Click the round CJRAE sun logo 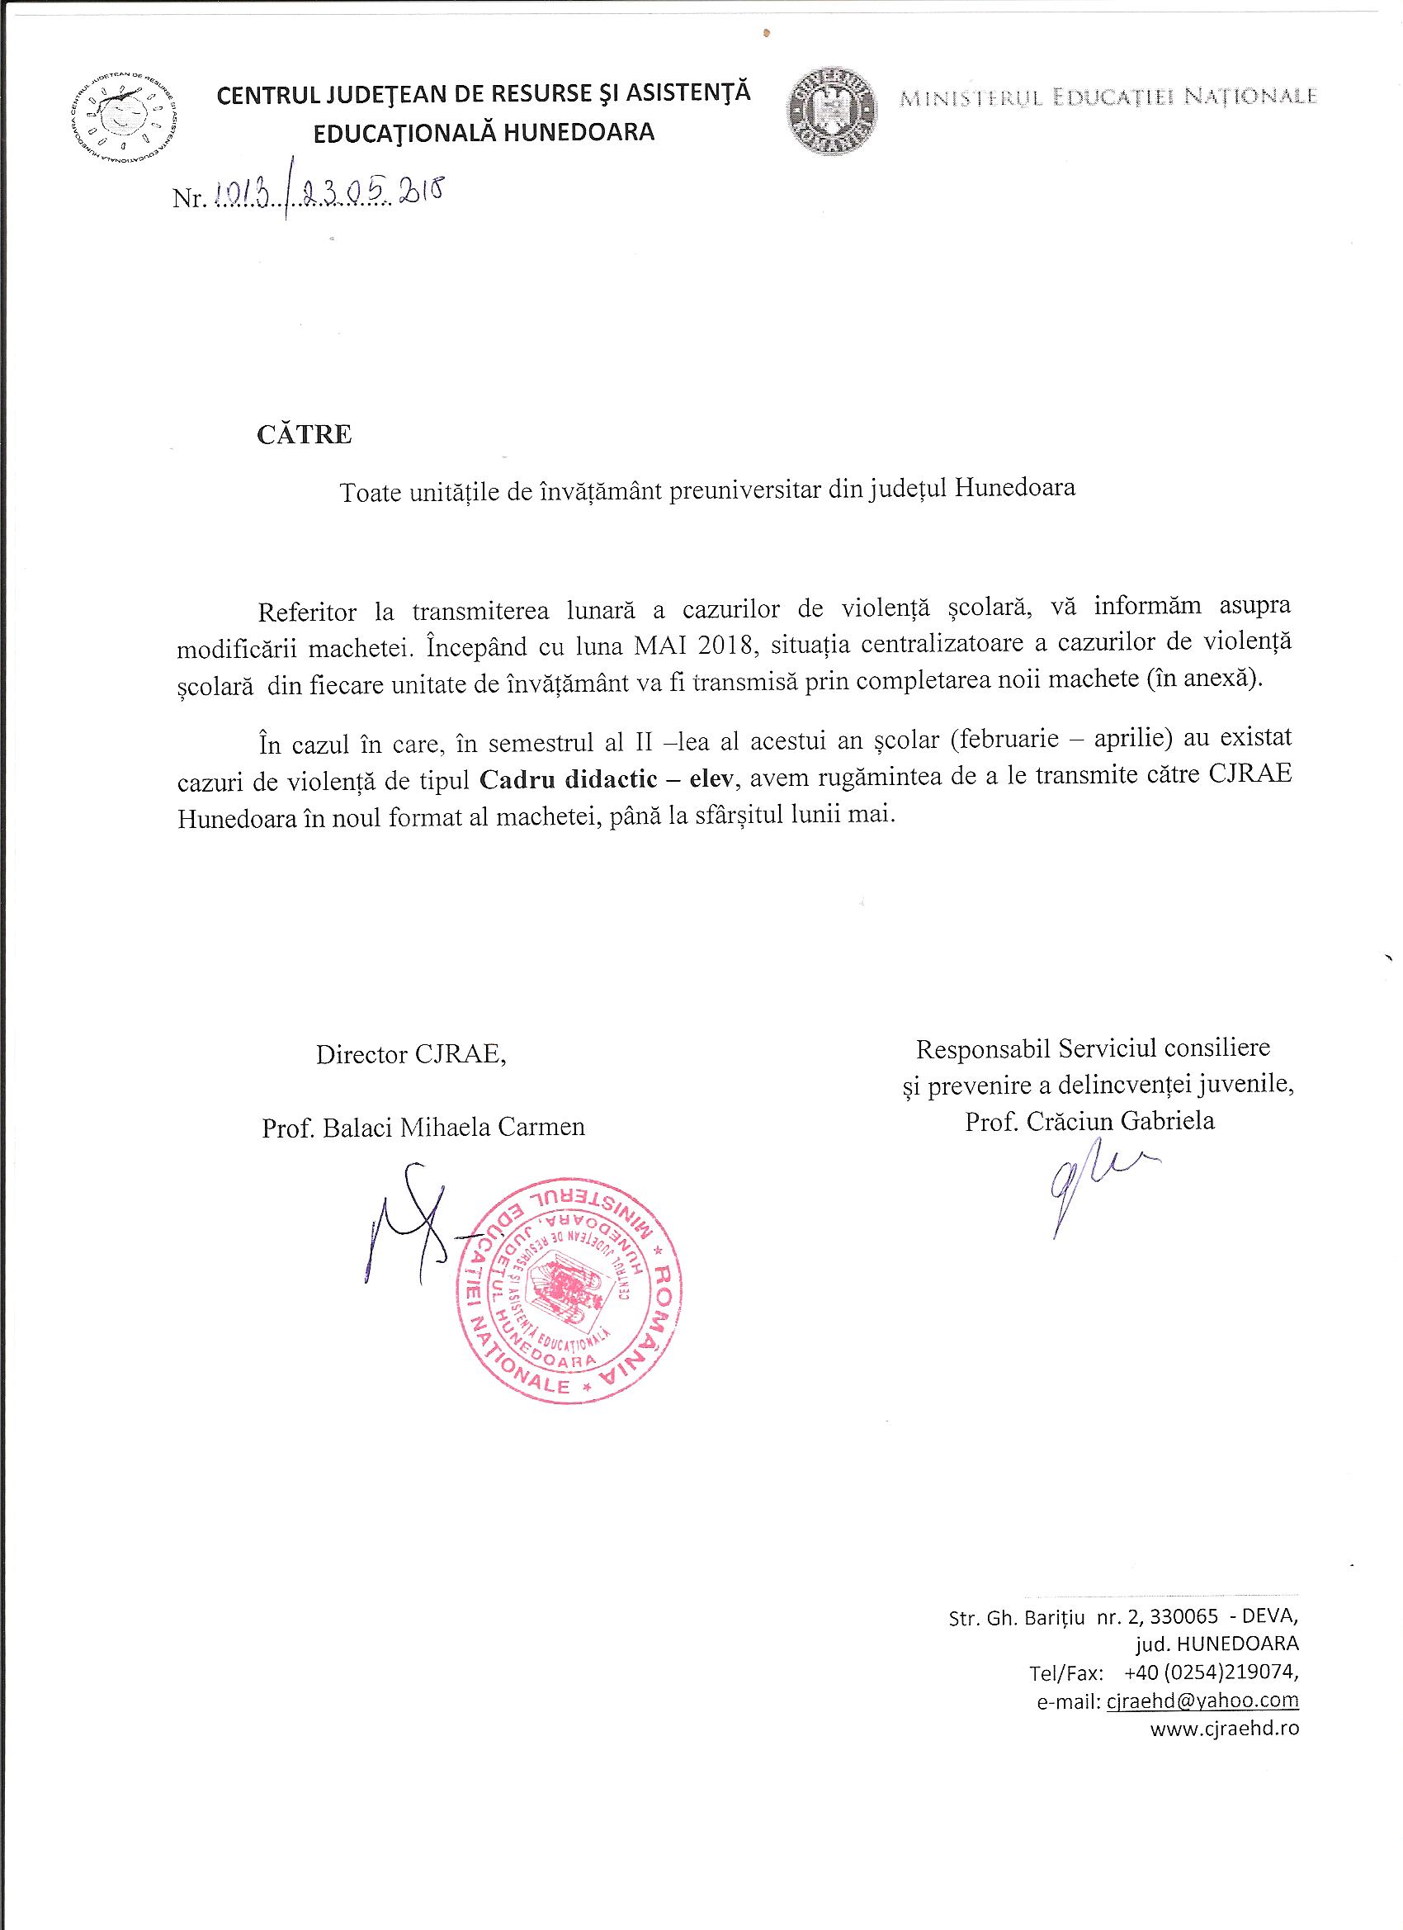pos(122,116)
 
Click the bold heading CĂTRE pos(305,435)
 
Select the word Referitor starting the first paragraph pos(307,608)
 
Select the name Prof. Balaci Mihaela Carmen pos(423,1128)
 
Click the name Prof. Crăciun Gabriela pos(1090,1122)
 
